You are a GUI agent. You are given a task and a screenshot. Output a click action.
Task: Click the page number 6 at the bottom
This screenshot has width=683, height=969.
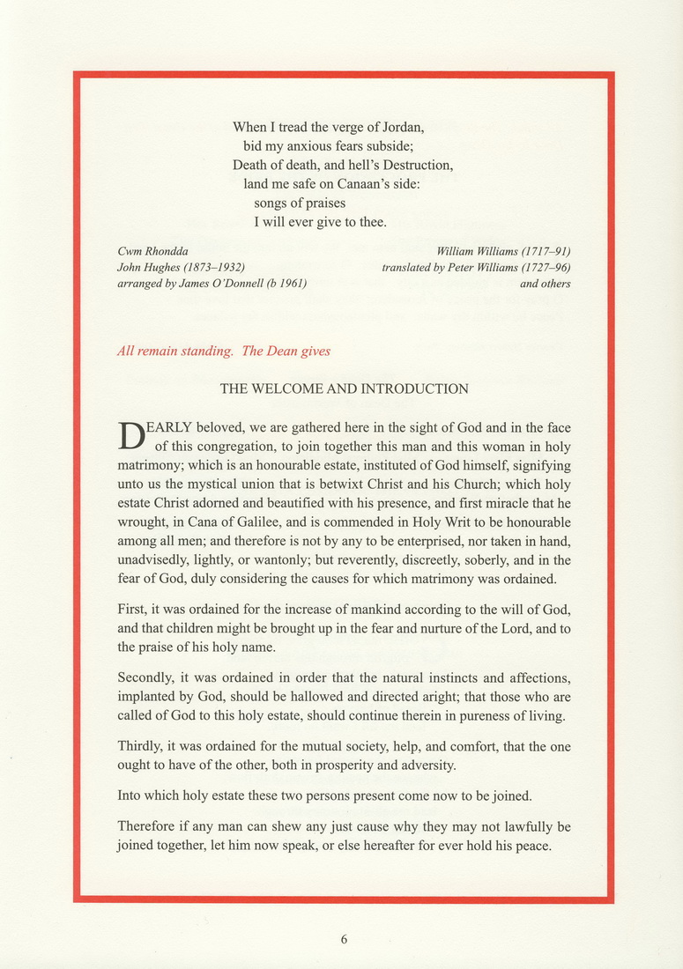(344, 939)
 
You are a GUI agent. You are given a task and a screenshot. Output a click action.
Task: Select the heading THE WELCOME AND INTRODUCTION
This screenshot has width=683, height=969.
(344, 388)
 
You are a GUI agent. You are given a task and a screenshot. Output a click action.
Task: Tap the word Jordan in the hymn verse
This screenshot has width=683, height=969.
(405, 126)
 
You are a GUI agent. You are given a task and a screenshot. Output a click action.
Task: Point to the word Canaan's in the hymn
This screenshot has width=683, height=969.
(361, 183)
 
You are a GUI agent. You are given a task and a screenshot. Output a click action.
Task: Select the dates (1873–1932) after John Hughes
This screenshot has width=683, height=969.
(210, 268)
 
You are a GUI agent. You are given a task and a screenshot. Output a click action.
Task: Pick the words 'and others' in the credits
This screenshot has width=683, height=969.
(546, 284)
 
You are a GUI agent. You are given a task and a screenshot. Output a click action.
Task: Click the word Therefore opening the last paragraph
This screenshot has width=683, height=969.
(150, 827)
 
